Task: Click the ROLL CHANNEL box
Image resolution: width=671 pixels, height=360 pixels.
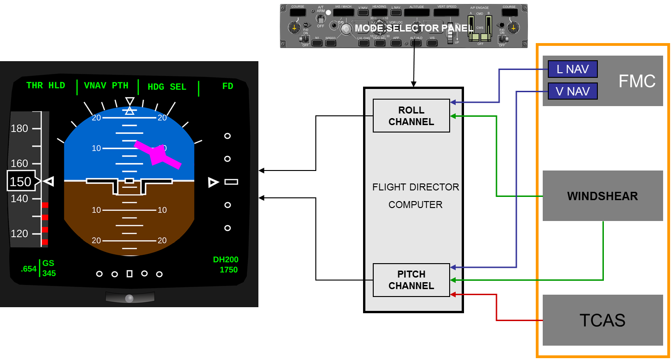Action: [x=411, y=116]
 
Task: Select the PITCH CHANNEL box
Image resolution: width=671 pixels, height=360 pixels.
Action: [x=411, y=280]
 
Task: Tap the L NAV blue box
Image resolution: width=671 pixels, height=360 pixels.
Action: [x=572, y=69]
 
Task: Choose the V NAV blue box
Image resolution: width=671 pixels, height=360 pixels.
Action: [x=572, y=91]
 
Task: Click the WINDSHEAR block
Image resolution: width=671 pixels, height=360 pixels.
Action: [x=602, y=196]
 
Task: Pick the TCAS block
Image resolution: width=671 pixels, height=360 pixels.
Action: [x=602, y=320]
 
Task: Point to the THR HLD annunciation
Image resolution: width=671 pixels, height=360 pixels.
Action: [x=45, y=86]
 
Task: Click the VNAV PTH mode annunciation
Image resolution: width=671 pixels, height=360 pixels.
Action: [x=106, y=86]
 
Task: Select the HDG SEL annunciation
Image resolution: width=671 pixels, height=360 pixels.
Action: [x=167, y=87]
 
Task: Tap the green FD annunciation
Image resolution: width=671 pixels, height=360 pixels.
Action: [x=227, y=86]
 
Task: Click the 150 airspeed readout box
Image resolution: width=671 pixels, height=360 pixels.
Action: [x=20, y=182]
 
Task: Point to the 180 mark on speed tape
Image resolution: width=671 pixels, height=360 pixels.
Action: [x=19, y=128]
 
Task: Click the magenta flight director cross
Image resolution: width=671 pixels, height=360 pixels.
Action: [x=157, y=155]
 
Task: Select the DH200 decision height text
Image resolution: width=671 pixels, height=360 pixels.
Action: [x=226, y=260]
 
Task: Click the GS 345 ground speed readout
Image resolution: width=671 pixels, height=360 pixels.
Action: [x=49, y=268]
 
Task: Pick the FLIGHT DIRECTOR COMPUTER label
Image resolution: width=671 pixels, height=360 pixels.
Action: [x=415, y=196]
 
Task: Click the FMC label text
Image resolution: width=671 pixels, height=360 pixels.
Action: [x=637, y=81]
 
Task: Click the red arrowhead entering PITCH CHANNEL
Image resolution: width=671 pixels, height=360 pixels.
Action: [x=453, y=294]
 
